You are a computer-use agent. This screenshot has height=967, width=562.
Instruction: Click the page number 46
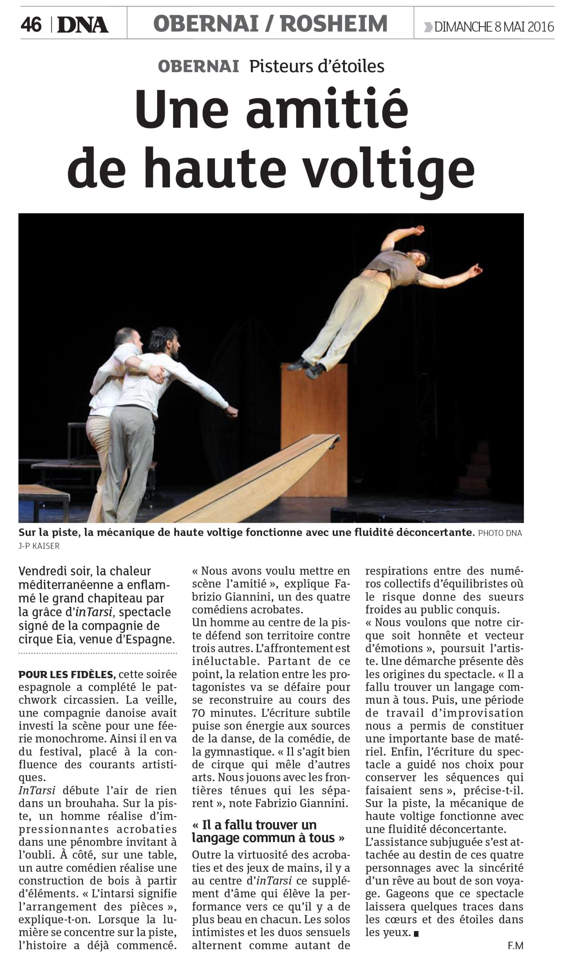(31, 25)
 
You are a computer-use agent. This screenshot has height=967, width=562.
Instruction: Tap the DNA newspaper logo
(82, 25)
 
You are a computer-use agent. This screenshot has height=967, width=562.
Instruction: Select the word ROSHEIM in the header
(334, 24)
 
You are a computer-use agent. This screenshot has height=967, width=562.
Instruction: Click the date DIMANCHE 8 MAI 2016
(494, 27)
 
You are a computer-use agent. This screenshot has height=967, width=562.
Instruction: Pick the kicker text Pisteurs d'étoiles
(317, 66)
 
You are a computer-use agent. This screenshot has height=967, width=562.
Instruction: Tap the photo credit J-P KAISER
(39, 546)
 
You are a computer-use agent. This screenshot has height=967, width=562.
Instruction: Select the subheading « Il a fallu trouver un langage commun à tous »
(268, 831)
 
